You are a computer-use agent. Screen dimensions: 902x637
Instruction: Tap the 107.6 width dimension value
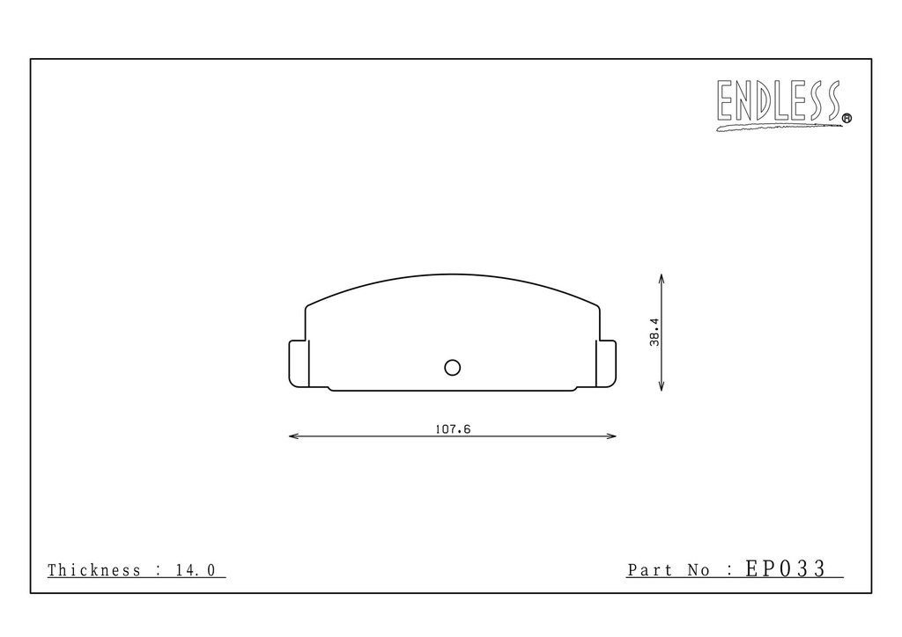pyautogui.click(x=452, y=429)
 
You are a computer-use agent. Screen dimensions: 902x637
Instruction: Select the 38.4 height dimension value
pyautogui.click(x=654, y=332)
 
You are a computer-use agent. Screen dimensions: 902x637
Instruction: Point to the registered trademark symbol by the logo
pyautogui.click(x=847, y=118)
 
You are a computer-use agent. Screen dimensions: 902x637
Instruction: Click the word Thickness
pyautogui.click(x=93, y=570)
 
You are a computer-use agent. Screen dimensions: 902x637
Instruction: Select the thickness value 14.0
pyautogui.click(x=196, y=570)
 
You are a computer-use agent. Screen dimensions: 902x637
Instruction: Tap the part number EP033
pyautogui.click(x=785, y=568)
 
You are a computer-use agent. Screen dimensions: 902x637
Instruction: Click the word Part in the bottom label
pyautogui.click(x=649, y=570)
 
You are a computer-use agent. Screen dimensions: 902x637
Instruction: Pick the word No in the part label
pyautogui.click(x=699, y=570)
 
